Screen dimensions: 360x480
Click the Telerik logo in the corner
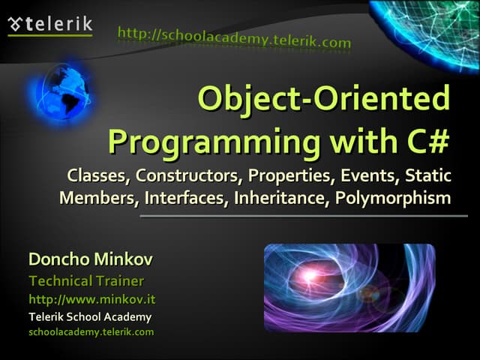[49, 23]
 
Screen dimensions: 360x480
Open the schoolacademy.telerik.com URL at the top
[234, 38]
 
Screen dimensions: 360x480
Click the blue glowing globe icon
[63, 93]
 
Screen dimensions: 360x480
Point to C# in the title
[422, 140]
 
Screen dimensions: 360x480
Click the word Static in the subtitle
[428, 177]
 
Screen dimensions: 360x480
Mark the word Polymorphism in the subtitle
[393, 199]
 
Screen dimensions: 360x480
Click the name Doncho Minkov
[90, 260]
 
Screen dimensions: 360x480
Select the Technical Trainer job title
[85, 281]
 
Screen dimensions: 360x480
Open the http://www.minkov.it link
[91, 299]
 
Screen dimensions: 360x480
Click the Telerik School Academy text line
[89, 316]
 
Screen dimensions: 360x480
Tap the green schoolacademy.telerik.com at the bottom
[91, 331]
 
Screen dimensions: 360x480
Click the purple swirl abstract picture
[349, 288]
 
